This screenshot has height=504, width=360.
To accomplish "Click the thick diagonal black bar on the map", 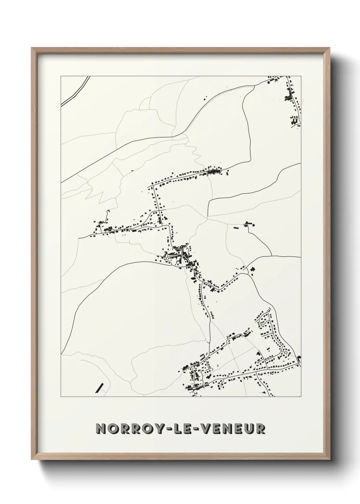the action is pyautogui.click(x=100, y=388).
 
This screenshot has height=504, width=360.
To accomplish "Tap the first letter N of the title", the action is pyautogui.click(x=101, y=429).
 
